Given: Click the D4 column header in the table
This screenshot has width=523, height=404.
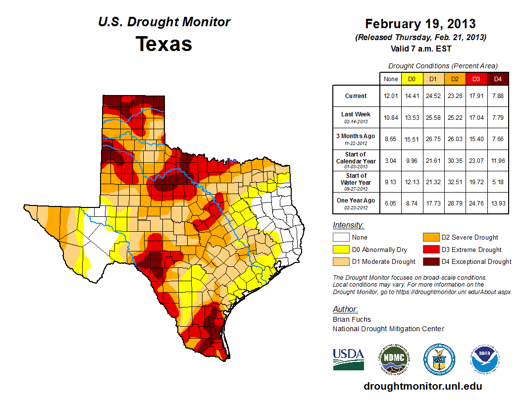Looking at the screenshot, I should tap(498, 79).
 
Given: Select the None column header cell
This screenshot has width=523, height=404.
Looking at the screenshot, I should tap(391, 79).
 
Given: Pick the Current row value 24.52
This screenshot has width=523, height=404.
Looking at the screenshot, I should tap(433, 96).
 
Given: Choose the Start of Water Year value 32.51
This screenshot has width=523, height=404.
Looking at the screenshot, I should tap(454, 182).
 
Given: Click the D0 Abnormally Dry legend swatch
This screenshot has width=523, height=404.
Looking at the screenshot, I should tap(341, 250).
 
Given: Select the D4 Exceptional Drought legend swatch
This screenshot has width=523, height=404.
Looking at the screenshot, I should tap(430, 261).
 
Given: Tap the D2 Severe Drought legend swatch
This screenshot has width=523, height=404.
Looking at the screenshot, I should tap(430, 238).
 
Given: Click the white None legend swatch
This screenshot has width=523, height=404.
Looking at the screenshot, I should tap(341, 238).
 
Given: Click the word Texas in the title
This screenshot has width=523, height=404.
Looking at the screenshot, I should tap(164, 44).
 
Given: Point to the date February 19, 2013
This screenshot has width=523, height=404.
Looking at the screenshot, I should tap(420, 24).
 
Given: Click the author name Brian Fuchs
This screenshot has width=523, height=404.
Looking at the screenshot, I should tap(352, 319).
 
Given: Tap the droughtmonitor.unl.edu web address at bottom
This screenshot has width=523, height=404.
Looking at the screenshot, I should tap(422, 386).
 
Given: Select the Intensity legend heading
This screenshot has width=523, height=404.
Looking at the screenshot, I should tap(349, 225).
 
